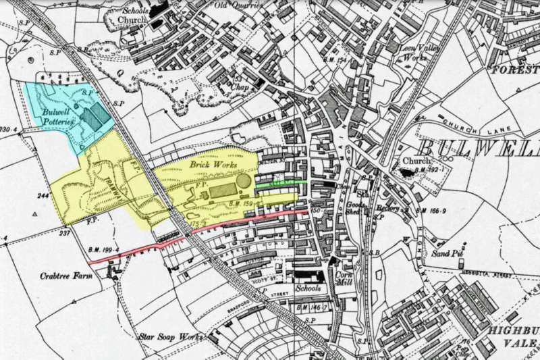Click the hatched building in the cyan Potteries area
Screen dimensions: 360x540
tap(94, 115)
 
